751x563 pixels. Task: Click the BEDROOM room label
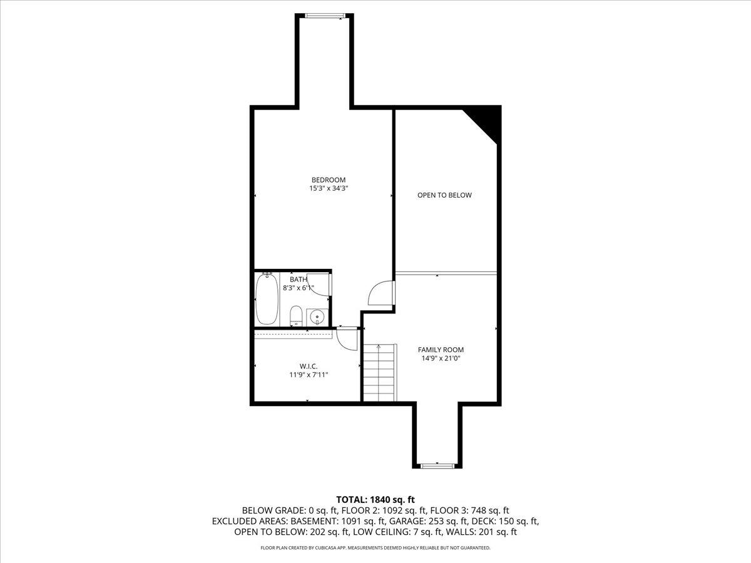pos(329,180)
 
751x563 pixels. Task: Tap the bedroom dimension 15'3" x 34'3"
pos(329,188)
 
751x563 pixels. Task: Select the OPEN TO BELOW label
pos(444,195)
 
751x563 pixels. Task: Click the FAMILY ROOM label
pos(441,350)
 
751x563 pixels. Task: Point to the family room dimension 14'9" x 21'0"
pos(441,358)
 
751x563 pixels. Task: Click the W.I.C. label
pos(309,367)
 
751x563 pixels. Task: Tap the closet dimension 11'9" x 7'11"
pos(309,375)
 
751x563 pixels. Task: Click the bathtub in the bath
pos(267,299)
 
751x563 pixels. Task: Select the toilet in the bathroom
pos(296,315)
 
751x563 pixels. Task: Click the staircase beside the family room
pos(380,373)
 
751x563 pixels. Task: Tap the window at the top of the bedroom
pos(324,16)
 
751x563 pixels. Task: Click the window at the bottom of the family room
pos(437,465)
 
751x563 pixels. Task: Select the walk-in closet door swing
pos(347,339)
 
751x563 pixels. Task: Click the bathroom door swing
pos(318,285)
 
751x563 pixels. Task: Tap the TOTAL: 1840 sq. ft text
pos(375,500)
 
